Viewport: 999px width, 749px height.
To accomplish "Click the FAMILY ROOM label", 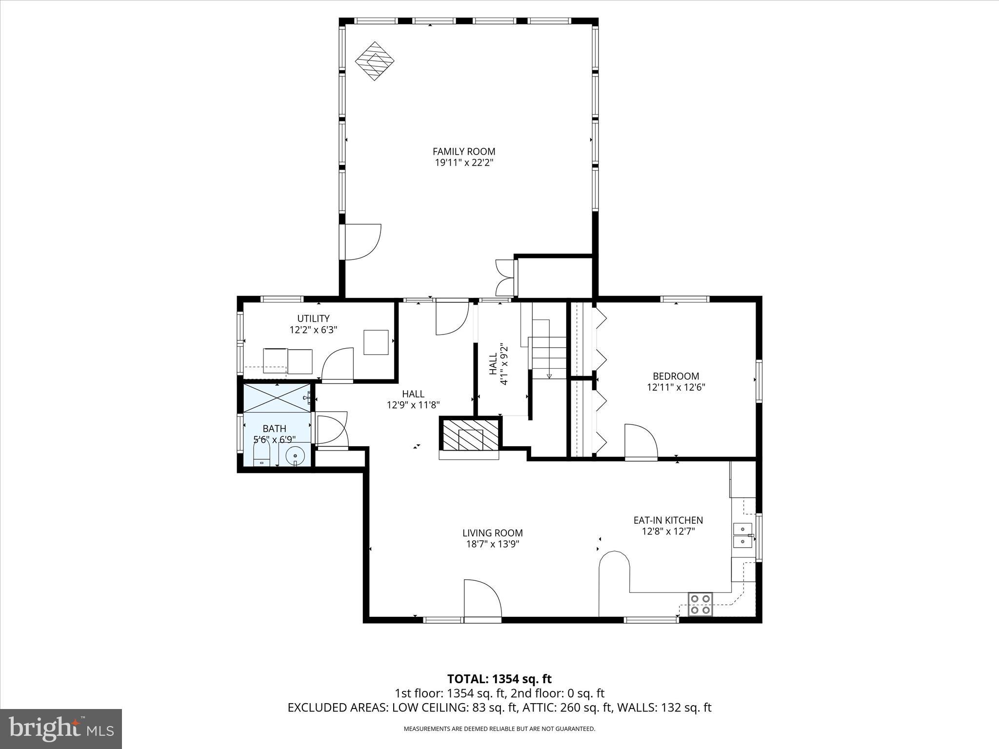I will coord(464,152).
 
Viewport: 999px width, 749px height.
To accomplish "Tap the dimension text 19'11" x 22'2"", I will coord(464,163).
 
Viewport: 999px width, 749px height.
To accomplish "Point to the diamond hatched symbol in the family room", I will coord(374,61).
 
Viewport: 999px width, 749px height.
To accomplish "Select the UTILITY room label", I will coord(313,318).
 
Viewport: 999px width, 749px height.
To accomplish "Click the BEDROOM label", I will coord(676,376).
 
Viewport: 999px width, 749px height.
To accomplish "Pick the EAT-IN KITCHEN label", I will coord(668,520).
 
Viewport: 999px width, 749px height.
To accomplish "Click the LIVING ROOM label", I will coord(492,533).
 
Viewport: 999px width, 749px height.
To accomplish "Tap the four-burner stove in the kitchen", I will coord(700,604).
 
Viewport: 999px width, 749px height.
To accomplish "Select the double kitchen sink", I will coord(742,535).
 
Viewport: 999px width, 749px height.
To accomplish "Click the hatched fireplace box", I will coord(470,434).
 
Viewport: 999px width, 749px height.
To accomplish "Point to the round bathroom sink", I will coord(295,455).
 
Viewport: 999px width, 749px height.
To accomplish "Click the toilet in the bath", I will coord(261,455).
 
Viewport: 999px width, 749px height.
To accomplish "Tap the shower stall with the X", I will coord(277,397).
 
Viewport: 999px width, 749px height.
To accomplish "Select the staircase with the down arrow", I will coord(548,349).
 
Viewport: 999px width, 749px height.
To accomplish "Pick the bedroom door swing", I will coord(640,442).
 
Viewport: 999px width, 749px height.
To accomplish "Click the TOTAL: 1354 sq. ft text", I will coord(499,679).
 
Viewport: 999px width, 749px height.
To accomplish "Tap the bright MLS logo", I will coord(61,729).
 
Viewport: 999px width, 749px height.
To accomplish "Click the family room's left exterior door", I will coord(361,242).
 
